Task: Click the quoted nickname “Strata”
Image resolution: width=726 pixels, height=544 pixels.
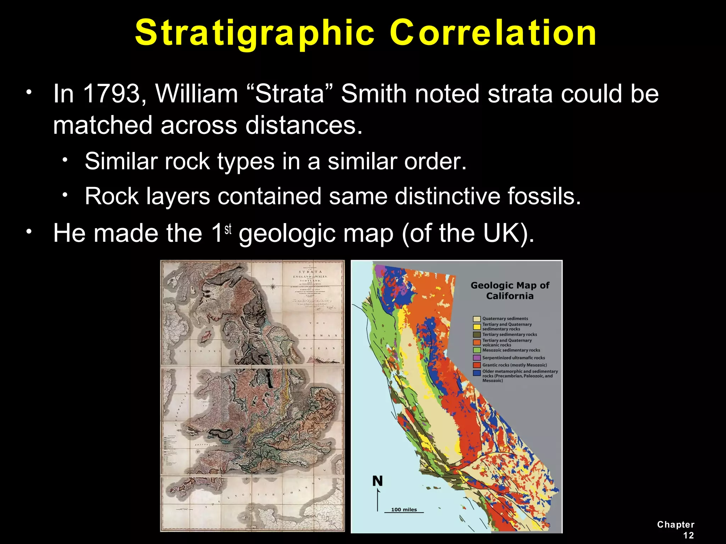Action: tap(289, 94)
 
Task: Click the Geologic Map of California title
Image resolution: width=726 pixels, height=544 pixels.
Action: tap(510, 290)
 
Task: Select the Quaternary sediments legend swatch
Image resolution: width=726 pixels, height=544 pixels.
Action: tap(477, 319)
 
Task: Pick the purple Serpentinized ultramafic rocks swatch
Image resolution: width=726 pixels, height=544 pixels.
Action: tap(477, 358)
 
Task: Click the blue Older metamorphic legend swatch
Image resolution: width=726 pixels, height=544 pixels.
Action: tap(477, 373)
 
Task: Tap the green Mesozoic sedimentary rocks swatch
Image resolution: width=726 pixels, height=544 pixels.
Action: tap(477, 350)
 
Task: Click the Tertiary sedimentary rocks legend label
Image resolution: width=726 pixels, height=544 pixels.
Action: tap(509, 334)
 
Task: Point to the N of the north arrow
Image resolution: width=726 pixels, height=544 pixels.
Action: tap(378, 481)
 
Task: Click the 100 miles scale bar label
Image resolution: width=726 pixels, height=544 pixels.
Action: tap(404, 510)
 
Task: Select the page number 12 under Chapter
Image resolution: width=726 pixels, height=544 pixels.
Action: tap(688, 535)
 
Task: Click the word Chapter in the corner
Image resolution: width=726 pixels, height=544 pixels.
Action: tap(676, 525)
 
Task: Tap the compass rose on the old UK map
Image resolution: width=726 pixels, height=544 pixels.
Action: tap(273, 287)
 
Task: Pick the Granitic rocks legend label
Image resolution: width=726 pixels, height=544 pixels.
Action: tap(514, 365)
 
